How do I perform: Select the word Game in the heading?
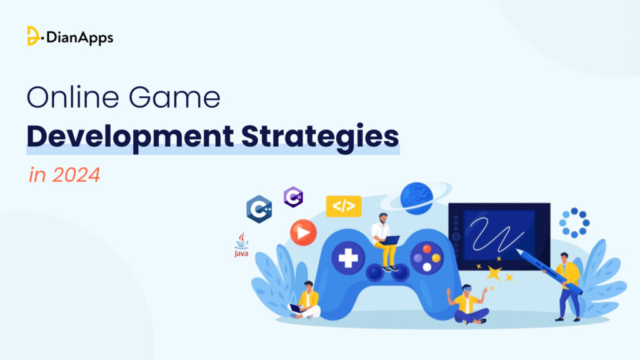[175, 97]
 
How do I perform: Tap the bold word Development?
[130, 137]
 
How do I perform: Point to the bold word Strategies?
[320, 137]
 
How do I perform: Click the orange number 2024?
[76, 175]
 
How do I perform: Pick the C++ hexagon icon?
[259, 209]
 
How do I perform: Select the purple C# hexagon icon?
[294, 197]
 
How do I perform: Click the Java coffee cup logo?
[241, 245]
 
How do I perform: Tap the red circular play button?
[303, 232]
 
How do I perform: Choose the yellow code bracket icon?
[344, 206]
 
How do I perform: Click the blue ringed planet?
[416, 198]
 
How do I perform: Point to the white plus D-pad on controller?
[348, 258]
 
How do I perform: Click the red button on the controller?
[427, 249]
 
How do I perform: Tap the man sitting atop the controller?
[384, 242]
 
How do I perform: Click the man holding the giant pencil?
[567, 286]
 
